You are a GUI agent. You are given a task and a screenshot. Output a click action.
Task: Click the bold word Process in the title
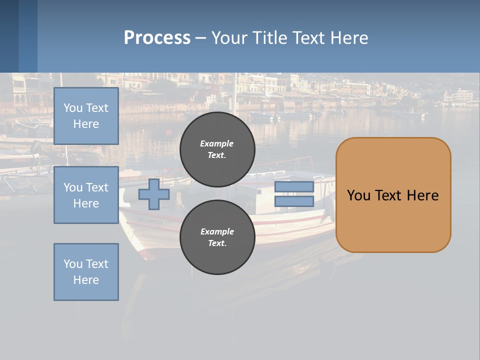[x=157, y=38]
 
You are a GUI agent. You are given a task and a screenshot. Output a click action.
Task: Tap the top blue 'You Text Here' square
[x=86, y=116]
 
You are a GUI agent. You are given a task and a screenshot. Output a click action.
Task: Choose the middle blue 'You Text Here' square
[x=86, y=195]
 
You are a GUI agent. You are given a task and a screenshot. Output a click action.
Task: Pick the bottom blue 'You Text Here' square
[x=86, y=272]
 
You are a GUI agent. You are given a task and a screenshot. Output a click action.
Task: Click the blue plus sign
[x=154, y=194]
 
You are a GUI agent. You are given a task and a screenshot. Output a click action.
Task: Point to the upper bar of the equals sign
[x=294, y=186]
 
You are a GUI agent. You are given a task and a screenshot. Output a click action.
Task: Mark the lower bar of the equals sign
[x=294, y=201]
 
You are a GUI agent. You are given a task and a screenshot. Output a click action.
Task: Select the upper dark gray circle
[x=217, y=149]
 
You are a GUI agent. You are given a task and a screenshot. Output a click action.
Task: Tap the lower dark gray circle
[x=217, y=237]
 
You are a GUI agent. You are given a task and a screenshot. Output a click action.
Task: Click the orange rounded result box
[x=393, y=195]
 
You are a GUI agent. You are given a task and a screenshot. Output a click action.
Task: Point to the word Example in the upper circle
[x=217, y=143]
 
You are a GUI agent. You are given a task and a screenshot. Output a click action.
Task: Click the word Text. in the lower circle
[x=217, y=243]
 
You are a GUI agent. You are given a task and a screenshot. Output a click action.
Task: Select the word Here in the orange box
[x=422, y=195]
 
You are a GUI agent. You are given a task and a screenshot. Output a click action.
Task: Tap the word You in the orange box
[x=358, y=195]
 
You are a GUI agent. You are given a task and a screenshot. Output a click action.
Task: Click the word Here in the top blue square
[x=86, y=124]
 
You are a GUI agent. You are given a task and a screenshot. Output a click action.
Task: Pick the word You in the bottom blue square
[x=73, y=264]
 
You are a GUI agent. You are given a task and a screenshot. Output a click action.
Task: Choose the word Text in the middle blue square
[x=97, y=187]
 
